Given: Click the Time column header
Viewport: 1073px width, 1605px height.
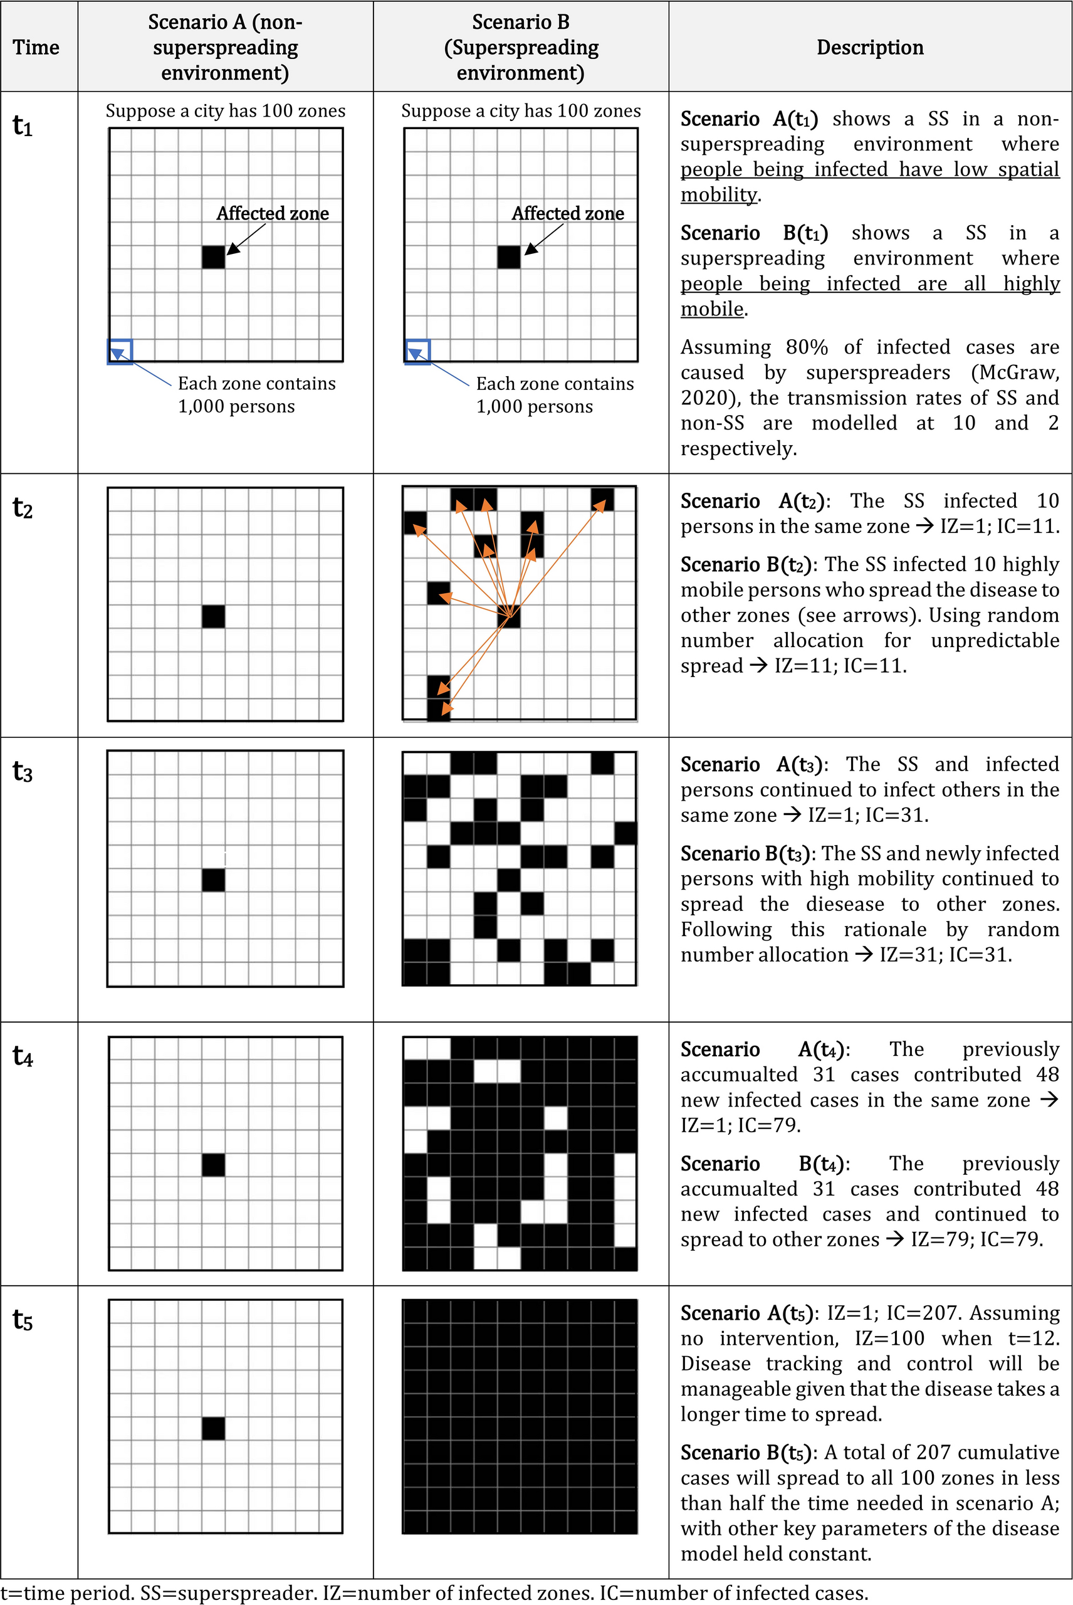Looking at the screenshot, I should (x=36, y=47).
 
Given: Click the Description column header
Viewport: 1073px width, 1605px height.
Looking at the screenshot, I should (x=870, y=47).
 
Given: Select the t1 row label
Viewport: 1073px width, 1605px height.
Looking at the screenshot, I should (x=23, y=127).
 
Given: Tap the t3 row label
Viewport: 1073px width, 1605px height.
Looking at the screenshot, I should (x=23, y=772).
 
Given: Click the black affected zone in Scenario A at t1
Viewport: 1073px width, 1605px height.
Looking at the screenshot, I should (x=214, y=256).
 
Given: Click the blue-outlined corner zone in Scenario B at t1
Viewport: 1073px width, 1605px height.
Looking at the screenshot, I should (x=417, y=352).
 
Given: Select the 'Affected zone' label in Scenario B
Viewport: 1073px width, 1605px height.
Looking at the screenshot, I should (x=567, y=214).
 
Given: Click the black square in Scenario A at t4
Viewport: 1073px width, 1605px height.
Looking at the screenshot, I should (x=214, y=1164).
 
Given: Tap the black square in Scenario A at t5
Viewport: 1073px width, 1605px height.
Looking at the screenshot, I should (x=214, y=1428).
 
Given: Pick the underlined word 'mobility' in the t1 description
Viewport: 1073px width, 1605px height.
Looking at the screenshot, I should (x=718, y=195).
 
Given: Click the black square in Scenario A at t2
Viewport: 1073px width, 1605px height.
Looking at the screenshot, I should (x=214, y=616).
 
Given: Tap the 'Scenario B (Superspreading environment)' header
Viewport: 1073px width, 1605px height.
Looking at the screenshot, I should (x=521, y=47).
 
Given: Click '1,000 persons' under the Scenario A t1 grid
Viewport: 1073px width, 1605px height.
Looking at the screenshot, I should (x=236, y=406).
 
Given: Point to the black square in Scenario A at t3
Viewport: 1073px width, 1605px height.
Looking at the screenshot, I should (x=214, y=880).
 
